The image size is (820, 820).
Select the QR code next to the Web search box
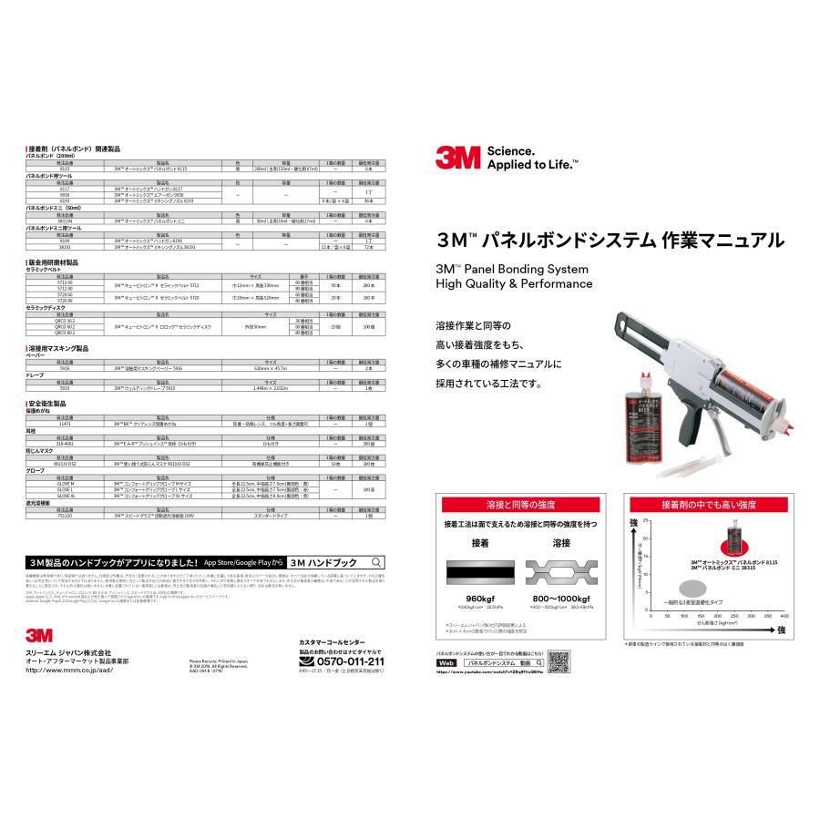559,659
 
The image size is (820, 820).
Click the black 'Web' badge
446,663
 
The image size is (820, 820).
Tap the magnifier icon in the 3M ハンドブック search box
376,562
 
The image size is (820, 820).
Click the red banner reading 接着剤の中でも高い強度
708,504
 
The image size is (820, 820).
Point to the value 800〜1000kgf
562,598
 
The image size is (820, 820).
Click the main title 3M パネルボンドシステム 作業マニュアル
610,241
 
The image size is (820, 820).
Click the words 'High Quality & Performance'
515,284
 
